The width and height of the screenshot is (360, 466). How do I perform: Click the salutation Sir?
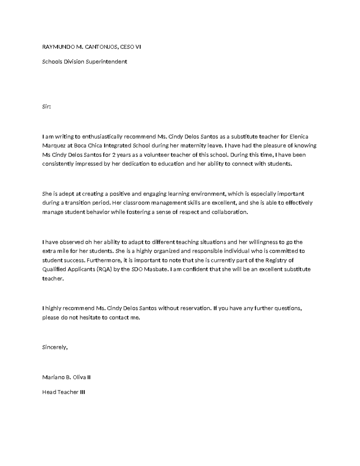(x=46, y=107)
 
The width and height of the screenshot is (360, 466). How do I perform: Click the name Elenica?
(x=299, y=137)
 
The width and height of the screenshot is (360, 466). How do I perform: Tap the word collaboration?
(x=230, y=212)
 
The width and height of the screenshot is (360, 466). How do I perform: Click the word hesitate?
(x=90, y=317)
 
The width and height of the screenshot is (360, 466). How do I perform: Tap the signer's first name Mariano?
(x=53, y=377)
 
